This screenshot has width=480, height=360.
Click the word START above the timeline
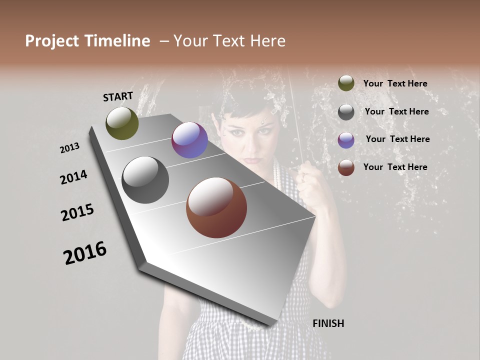click(x=118, y=96)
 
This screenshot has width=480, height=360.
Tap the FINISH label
click(x=328, y=323)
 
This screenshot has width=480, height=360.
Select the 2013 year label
click(x=69, y=148)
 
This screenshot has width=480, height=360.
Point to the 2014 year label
click(x=73, y=177)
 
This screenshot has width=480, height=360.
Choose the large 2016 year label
click(x=85, y=253)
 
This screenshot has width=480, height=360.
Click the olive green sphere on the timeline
click(x=122, y=123)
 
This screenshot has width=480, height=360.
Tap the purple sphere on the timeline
click(x=189, y=140)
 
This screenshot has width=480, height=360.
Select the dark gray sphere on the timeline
click(x=145, y=180)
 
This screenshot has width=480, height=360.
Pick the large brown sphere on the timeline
click(x=216, y=207)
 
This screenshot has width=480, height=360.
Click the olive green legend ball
click(x=346, y=83)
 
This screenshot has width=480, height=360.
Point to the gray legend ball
click(x=346, y=112)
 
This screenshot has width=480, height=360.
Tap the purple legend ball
click(x=346, y=140)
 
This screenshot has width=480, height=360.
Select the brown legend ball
click(x=346, y=167)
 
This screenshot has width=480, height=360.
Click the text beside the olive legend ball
click(x=395, y=84)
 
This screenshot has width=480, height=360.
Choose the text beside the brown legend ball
click(x=395, y=167)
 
